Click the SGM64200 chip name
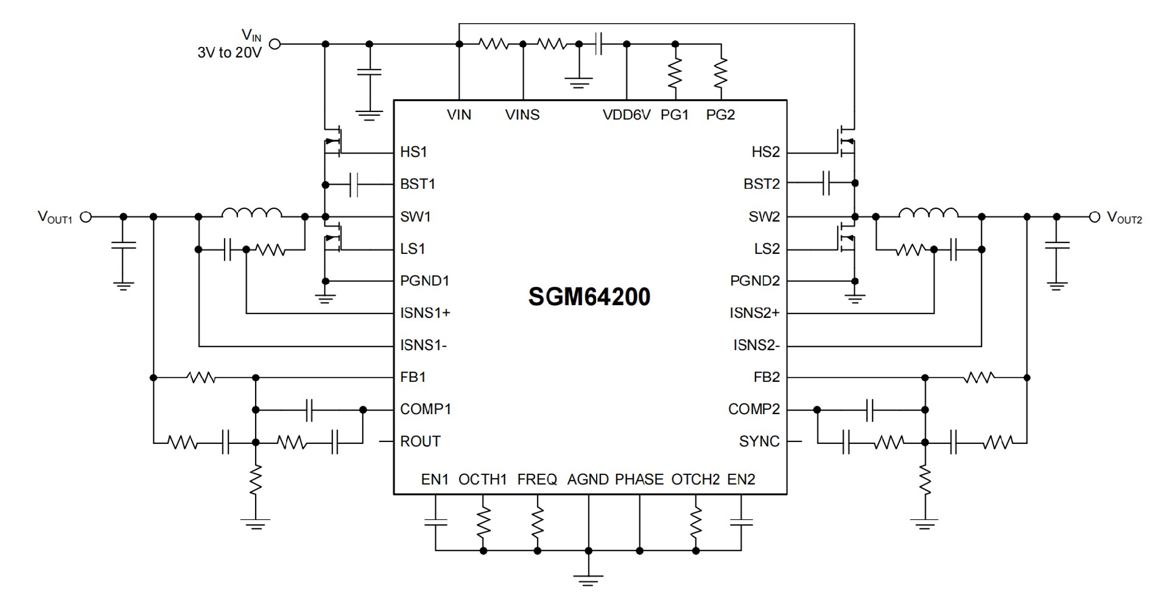click(x=589, y=297)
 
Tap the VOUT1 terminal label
click(x=55, y=217)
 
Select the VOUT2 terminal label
click(x=1124, y=217)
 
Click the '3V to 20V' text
click(x=230, y=53)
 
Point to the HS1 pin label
click(x=413, y=152)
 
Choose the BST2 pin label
click(x=761, y=184)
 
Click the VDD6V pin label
click(x=627, y=114)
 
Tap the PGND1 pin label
click(x=424, y=281)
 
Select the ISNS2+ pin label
click(x=754, y=313)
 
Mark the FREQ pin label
click(x=537, y=480)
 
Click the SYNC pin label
click(x=759, y=441)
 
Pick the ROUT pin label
click(x=420, y=441)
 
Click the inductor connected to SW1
click(x=251, y=213)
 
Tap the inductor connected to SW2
click(x=928, y=213)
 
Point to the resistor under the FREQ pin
click(x=538, y=522)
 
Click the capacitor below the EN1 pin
click(x=435, y=522)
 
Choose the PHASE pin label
click(x=639, y=480)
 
